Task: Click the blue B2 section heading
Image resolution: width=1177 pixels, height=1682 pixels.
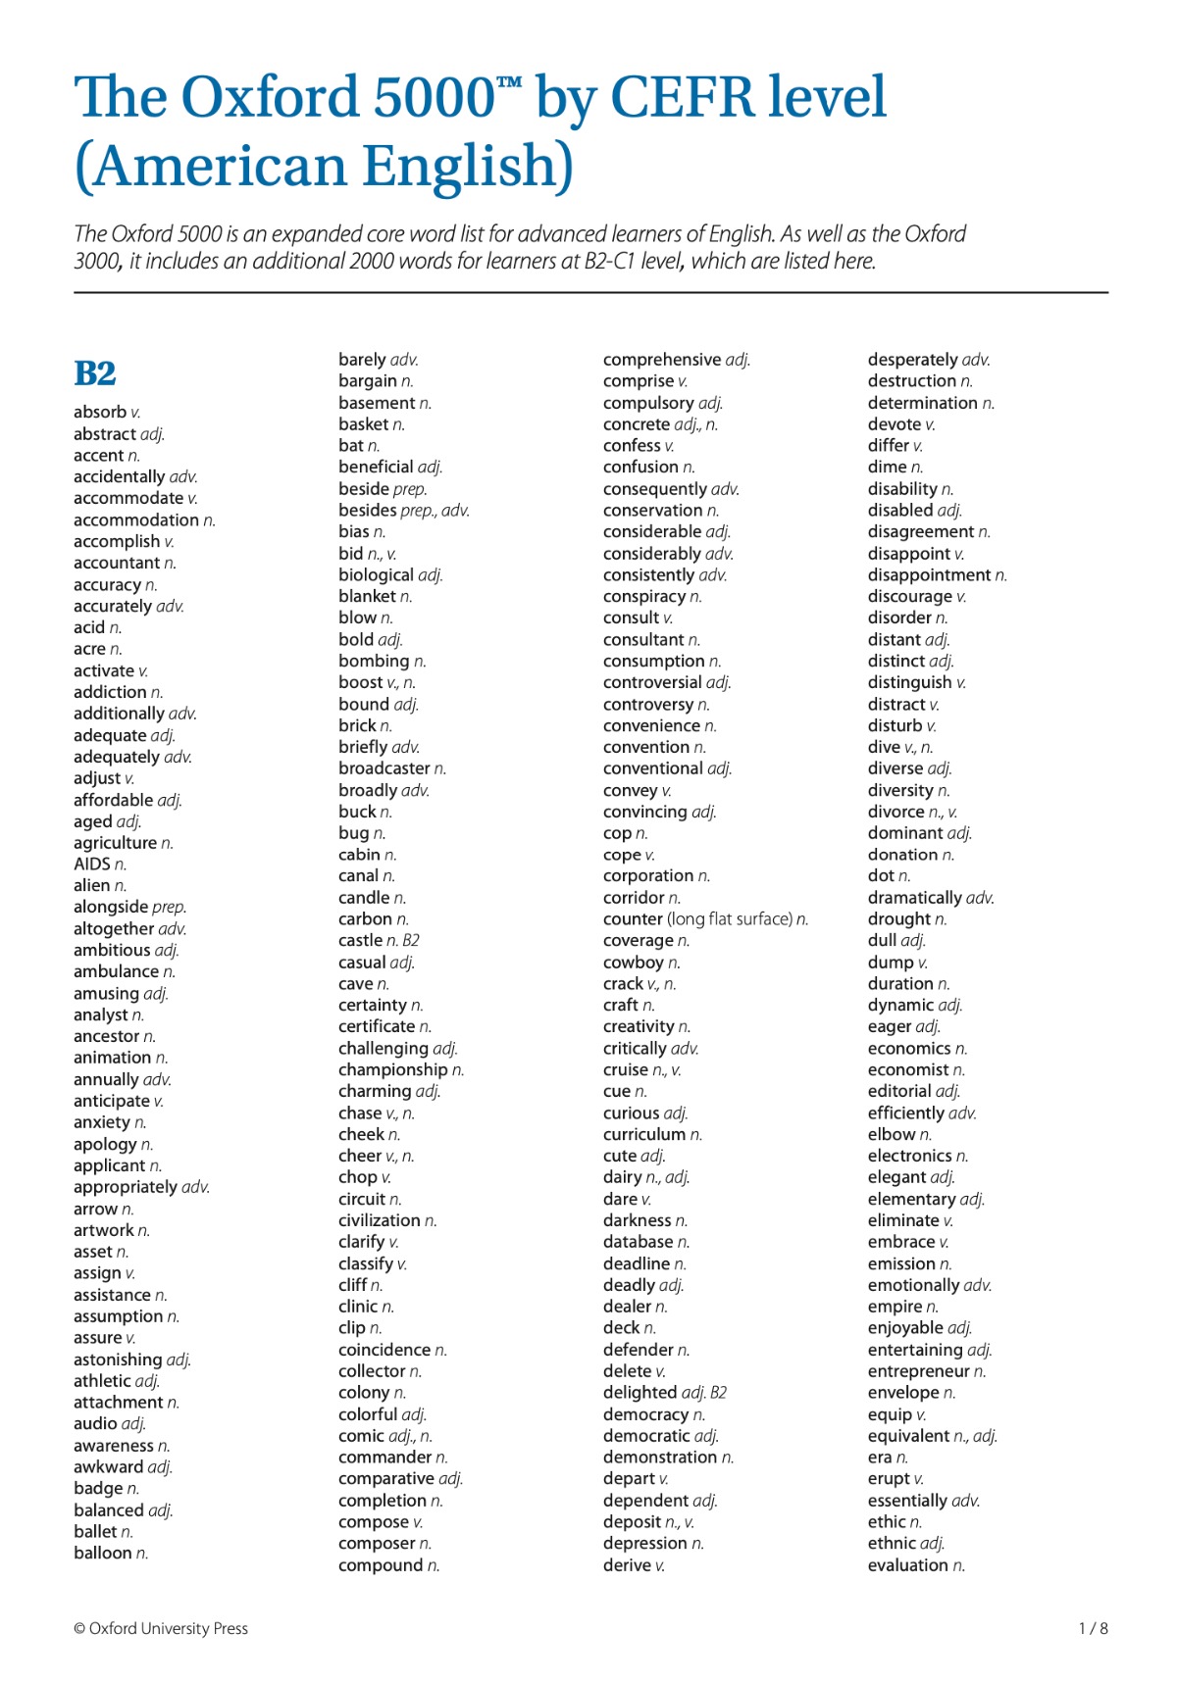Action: (95, 373)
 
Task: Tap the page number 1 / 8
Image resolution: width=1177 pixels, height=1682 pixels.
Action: (1093, 1628)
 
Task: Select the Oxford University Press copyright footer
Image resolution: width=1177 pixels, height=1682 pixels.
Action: (161, 1628)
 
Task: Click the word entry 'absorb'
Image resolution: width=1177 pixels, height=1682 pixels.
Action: (100, 412)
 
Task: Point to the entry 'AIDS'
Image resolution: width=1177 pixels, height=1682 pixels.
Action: (92, 864)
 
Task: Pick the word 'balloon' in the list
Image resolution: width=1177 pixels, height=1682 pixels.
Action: (103, 1553)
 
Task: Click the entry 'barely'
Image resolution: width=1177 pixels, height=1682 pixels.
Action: (362, 360)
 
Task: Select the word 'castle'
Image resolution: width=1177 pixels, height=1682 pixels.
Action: (360, 940)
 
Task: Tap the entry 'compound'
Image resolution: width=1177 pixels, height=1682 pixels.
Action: (382, 1565)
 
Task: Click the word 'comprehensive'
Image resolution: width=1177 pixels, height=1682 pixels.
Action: (662, 360)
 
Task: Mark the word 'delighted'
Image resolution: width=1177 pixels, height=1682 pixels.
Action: (640, 1392)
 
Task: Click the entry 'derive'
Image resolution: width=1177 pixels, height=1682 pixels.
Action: (627, 1565)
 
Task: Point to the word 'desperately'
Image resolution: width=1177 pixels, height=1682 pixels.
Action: (914, 360)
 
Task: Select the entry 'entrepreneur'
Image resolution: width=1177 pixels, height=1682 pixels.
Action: (919, 1371)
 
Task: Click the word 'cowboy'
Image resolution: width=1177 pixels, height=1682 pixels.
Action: (634, 963)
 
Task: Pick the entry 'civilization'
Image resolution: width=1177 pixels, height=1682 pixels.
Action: (380, 1220)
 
